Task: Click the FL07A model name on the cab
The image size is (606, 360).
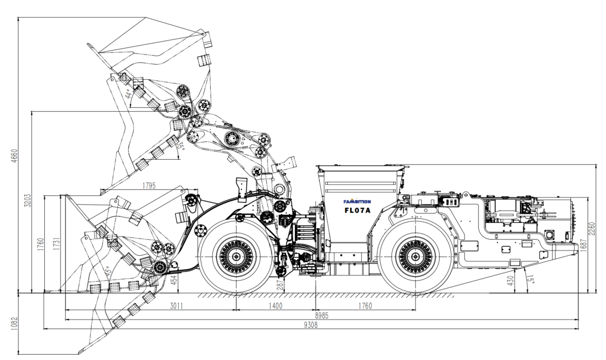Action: (x=358, y=210)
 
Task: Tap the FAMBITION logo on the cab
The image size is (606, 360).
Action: (x=357, y=201)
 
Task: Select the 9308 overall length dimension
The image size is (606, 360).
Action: (x=311, y=325)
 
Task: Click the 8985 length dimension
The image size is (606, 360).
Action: (x=321, y=316)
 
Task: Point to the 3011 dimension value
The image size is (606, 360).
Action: (x=176, y=306)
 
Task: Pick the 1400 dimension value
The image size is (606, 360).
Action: (x=275, y=306)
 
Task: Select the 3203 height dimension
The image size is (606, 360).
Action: (x=27, y=200)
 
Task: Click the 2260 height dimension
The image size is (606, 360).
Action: (x=592, y=229)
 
